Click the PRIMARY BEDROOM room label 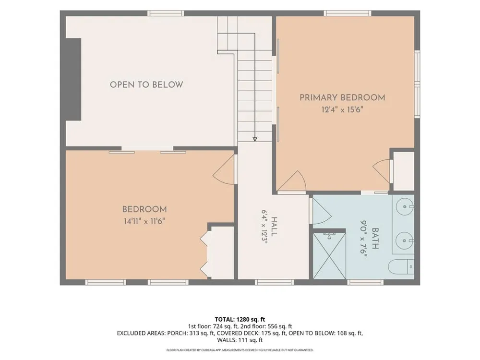[x=342, y=97]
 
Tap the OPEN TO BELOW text [x=146, y=85]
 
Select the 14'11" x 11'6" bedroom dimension [x=144, y=221]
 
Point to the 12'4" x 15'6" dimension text [x=342, y=109]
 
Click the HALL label [x=274, y=227]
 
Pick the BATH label [x=375, y=239]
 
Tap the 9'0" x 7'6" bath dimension [x=363, y=239]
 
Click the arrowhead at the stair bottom [x=255, y=139]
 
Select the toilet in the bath [x=401, y=267]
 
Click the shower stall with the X [x=329, y=256]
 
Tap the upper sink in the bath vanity [x=405, y=207]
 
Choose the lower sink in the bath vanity [x=405, y=240]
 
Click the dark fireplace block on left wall [x=73, y=79]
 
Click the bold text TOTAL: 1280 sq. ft [x=240, y=320]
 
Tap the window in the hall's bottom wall [x=274, y=282]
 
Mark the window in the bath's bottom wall [x=365, y=282]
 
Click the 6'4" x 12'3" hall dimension [x=264, y=227]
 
